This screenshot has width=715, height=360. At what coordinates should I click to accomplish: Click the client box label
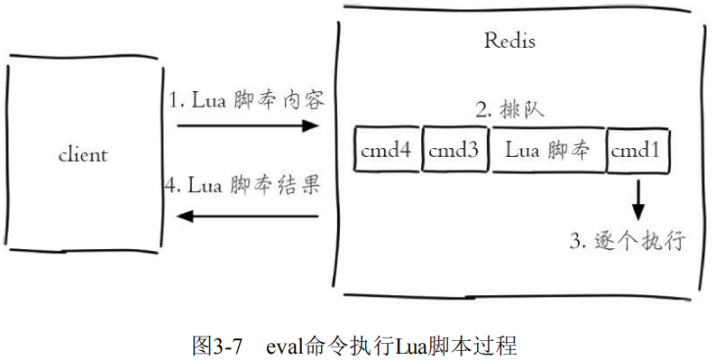click(x=83, y=154)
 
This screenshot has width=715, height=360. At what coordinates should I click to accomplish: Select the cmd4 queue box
click(x=386, y=152)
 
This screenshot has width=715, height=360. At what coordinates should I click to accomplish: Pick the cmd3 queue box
click(x=454, y=152)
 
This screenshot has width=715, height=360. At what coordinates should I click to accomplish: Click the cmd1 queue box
click(x=638, y=152)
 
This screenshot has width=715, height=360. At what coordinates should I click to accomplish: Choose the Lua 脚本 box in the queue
click(x=547, y=152)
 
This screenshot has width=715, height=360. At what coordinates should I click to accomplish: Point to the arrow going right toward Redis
click(x=247, y=127)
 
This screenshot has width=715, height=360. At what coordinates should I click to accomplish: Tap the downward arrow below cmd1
click(x=638, y=199)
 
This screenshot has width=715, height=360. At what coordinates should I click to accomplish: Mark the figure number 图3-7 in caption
click(x=217, y=346)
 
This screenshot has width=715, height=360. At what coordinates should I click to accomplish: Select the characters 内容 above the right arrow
click(x=304, y=100)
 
